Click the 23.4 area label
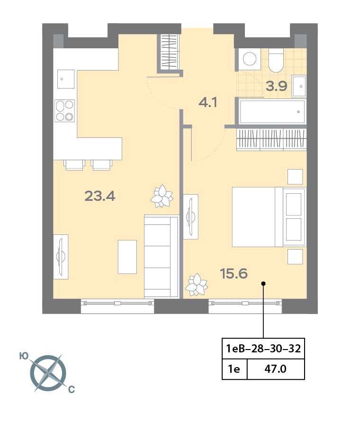tap(100, 196)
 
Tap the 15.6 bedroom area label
tap(234, 273)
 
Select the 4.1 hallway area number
tap(208, 102)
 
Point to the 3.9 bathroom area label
tap(276, 86)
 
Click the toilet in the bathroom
tap(276, 60)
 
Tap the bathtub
tap(272, 112)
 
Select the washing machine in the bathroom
tap(250, 59)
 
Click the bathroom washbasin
tap(299, 86)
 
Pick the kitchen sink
tap(66, 79)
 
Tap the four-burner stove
tap(64, 110)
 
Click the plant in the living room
tap(162, 197)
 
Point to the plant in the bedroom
tap(197, 285)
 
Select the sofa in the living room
tap(161, 256)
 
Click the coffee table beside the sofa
tap(127, 257)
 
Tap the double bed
tap(269, 217)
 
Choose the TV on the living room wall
tap(61, 257)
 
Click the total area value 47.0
tap(276, 368)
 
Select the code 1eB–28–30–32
tap(263, 349)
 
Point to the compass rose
tap(48, 373)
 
